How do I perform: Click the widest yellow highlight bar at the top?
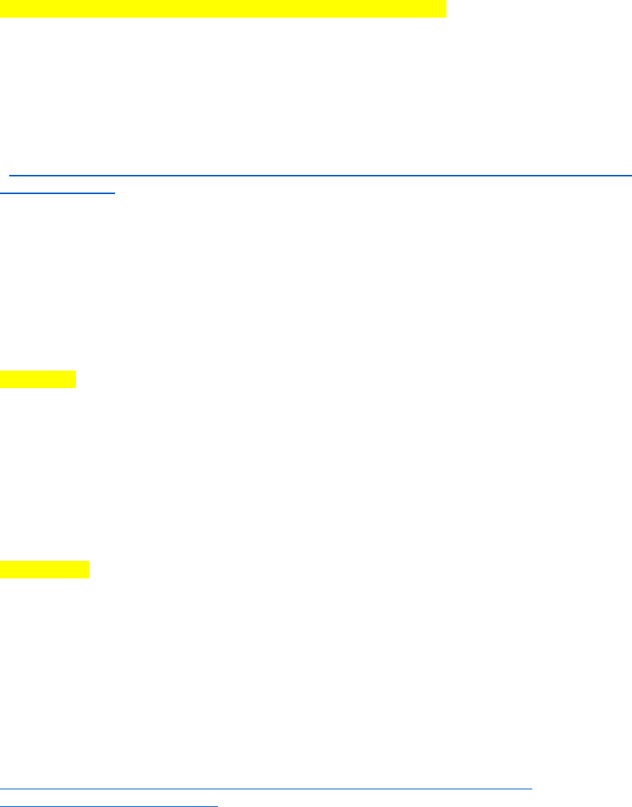click(222, 8)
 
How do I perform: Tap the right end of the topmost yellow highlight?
click(444, 8)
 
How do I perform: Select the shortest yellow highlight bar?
click(38, 379)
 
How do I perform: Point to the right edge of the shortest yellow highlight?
click(75, 379)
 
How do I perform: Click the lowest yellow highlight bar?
click(44, 569)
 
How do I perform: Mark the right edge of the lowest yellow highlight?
click(88, 569)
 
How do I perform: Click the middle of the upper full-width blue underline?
click(320, 176)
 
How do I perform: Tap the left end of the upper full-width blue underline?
click(10, 176)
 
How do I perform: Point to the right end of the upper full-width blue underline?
click(630, 176)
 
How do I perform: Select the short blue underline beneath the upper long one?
click(58, 193)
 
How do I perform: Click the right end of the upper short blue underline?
click(114, 193)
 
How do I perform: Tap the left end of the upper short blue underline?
click(2, 193)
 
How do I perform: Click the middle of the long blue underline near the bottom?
click(266, 788)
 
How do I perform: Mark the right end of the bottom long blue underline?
click(531, 788)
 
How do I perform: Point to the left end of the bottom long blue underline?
click(2, 788)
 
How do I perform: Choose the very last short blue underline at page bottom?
click(109, 805)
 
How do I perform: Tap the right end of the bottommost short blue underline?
click(218, 805)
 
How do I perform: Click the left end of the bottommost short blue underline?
click(2, 805)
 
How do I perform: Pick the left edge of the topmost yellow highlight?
click(2, 8)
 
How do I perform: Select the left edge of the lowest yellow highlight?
click(2, 569)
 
